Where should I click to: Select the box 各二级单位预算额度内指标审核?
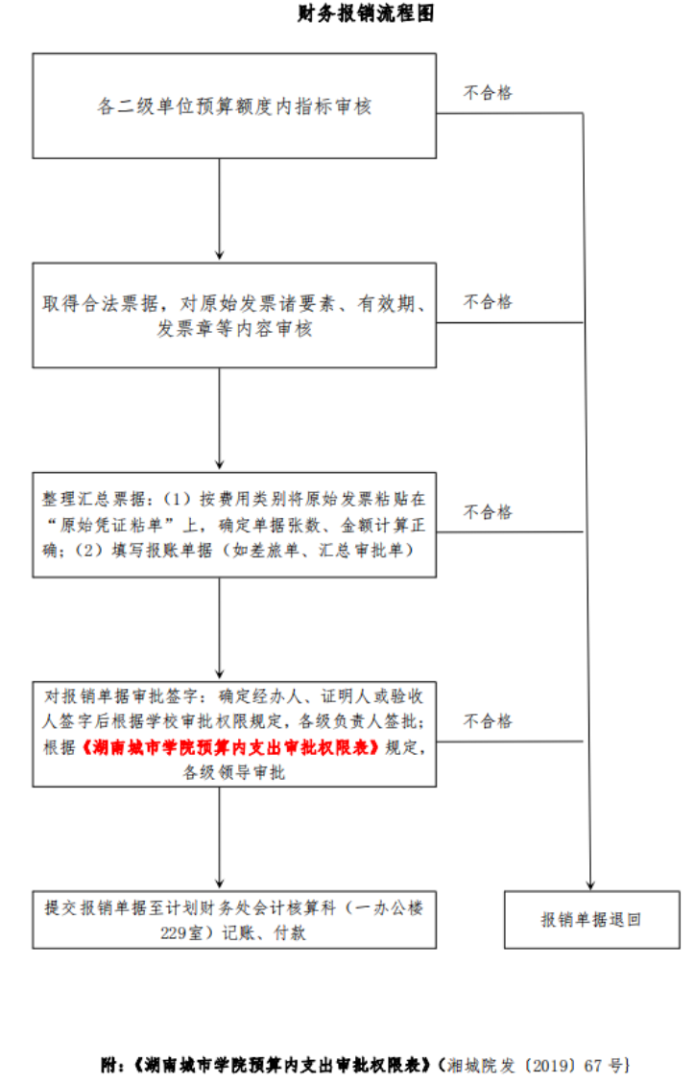[234, 106]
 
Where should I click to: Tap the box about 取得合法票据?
[234, 316]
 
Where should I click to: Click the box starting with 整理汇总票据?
[234, 525]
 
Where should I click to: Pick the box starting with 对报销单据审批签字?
[234, 734]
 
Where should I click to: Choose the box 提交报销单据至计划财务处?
[234, 919]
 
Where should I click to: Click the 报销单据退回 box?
[591, 920]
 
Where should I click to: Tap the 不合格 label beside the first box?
[489, 93]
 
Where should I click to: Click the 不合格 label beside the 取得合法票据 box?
[489, 302]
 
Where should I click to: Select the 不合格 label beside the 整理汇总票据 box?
[489, 511]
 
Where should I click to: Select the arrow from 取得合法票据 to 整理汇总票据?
[220, 419]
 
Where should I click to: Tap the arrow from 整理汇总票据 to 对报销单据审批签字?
[220, 628]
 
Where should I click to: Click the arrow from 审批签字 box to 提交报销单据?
[220, 837]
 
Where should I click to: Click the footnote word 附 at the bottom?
[109, 1065]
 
